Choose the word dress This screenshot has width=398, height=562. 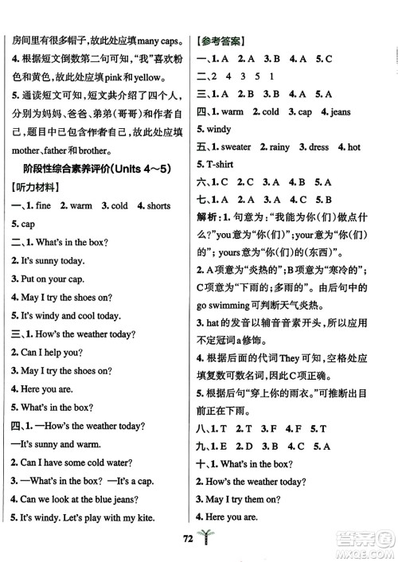tap(319, 147)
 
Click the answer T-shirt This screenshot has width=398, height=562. tap(218, 166)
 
